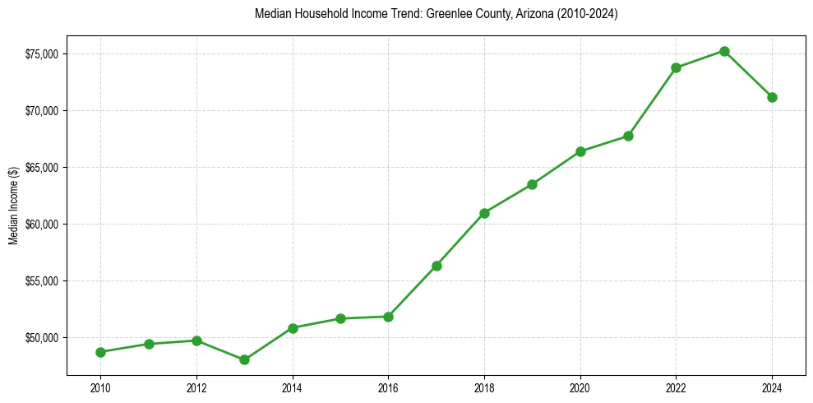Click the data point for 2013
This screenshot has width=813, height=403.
coord(244,359)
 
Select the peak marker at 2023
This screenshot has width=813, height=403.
coord(724,51)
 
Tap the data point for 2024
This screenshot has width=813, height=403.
coord(772,97)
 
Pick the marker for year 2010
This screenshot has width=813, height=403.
coord(100,352)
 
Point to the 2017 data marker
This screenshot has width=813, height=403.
coord(437,266)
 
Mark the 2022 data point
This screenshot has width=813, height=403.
coord(676,67)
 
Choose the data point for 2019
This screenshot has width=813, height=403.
coord(532,184)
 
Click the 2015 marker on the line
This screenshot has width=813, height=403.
coord(340,318)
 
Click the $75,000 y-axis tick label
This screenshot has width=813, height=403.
coord(40,54)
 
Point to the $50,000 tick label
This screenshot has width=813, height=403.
coord(40,338)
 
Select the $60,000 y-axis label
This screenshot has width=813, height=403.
coord(40,225)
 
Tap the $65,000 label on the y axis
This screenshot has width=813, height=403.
coord(40,168)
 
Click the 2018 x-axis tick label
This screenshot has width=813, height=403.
coord(484,387)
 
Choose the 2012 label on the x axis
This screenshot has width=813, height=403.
coord(196,387)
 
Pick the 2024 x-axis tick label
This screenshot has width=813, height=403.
coord(772,387)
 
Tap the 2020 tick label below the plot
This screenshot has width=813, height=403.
coord(580,387)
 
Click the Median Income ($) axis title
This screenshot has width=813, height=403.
coord(13,212)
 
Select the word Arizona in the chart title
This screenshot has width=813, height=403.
coord(534,14)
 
